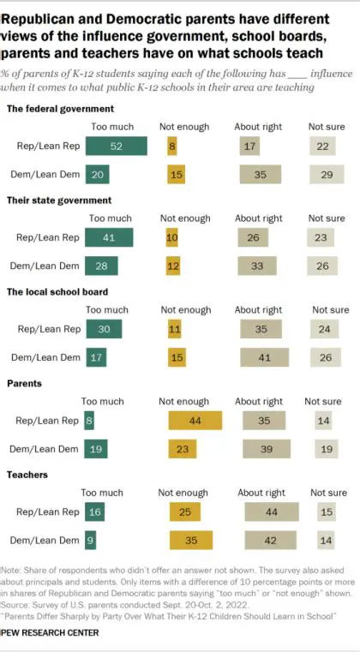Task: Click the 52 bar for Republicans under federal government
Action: [x=116, y=147]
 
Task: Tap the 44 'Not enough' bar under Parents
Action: [x=195, y=420]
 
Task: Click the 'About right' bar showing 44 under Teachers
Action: [x=272, y=512]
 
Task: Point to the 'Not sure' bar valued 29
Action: [x=326, y=175]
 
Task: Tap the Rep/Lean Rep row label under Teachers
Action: [x=49, y=512]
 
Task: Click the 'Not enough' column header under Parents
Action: [x=184, y=401]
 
